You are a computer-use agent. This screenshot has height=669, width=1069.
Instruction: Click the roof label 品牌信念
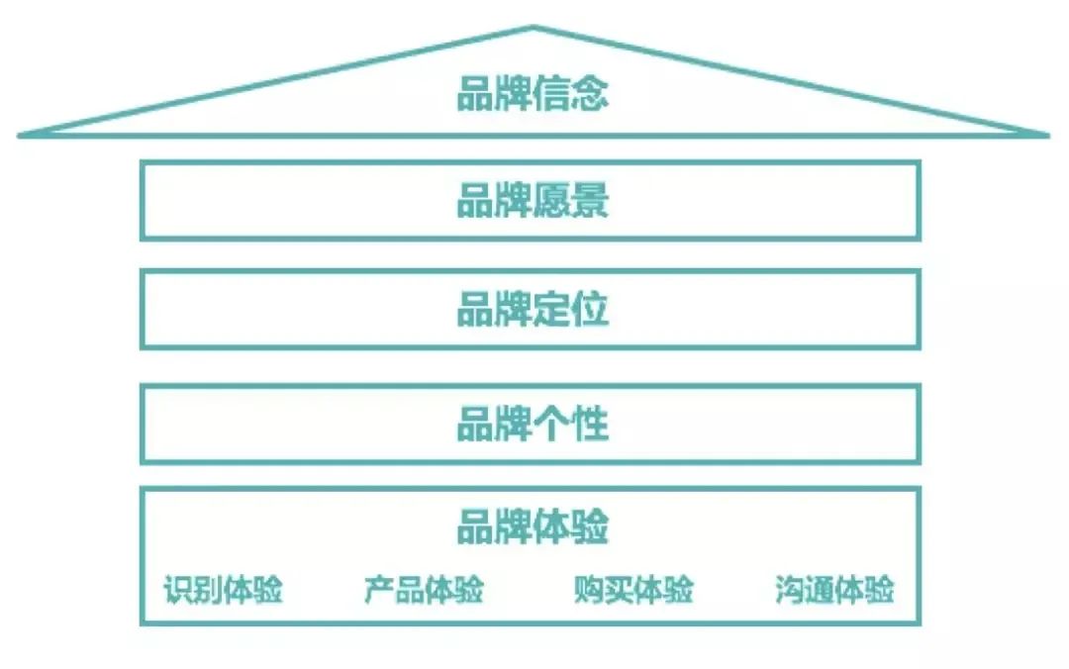[533, 93]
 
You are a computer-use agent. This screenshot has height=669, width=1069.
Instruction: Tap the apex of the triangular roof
[534, 28]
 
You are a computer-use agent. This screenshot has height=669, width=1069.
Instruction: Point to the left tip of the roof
[20, 135]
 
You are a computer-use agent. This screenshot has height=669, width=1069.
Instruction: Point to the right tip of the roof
[1047, 135]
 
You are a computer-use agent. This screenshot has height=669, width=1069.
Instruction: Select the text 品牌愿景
[533, 200]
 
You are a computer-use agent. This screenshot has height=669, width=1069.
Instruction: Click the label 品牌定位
[533, 309]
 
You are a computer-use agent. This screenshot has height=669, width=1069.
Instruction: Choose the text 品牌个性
[533, 424]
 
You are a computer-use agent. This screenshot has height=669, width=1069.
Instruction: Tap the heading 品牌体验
[533, 526]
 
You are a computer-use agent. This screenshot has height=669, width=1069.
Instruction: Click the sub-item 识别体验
[223, 589]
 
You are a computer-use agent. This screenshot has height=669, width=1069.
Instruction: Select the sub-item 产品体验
[424, 589]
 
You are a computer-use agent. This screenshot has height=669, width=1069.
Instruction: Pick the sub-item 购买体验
[633, 589]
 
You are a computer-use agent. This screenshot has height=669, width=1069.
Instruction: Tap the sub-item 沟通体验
[834, 589]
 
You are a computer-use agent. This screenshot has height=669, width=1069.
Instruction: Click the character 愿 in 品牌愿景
[551, 200]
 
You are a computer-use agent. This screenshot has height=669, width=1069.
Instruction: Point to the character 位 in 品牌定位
[590, 309]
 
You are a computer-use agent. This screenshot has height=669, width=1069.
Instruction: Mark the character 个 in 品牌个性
[551, 424]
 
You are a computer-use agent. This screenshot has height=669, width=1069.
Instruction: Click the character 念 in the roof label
[590, 93]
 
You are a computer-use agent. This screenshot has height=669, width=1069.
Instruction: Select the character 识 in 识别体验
[178, 589]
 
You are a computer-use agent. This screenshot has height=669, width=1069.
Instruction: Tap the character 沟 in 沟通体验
[790, 589]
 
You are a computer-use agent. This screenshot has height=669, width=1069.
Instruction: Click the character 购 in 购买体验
[589, 589]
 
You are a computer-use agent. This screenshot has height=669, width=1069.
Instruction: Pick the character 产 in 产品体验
[379, 589]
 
